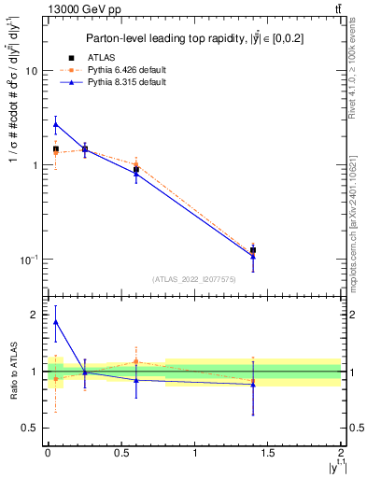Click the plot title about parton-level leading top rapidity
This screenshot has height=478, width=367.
click(x=193, y=39)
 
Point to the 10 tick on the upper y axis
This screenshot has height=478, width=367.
click(x=34, y=71)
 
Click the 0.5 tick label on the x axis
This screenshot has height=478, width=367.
click(x=120, y=453)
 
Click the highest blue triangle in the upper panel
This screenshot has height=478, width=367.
click(x=56, y=124)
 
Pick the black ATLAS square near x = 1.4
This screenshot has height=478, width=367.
click(x=252, y=249)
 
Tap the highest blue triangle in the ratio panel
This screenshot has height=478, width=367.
click(x=56, y=322)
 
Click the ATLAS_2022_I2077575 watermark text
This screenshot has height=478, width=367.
click(x=193, y=279)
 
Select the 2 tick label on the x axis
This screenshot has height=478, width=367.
click(x=341, y=453)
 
